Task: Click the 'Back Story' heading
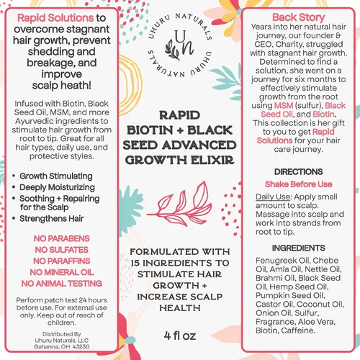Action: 298,17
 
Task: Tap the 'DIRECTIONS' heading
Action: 298,172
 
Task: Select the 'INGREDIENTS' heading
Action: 298,248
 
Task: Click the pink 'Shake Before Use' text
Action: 298,184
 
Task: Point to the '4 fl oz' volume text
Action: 180,336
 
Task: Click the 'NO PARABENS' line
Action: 62,238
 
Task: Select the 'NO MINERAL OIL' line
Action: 62,272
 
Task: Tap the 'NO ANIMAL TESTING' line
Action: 62,284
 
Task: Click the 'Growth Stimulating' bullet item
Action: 56,176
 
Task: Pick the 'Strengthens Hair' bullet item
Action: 52,219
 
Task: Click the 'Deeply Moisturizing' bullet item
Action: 57,187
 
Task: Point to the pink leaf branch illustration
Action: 179,204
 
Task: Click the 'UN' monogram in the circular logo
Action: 181,45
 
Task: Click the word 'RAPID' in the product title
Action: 179,115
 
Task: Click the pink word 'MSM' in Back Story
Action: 284,106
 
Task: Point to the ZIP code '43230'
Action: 81,347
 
